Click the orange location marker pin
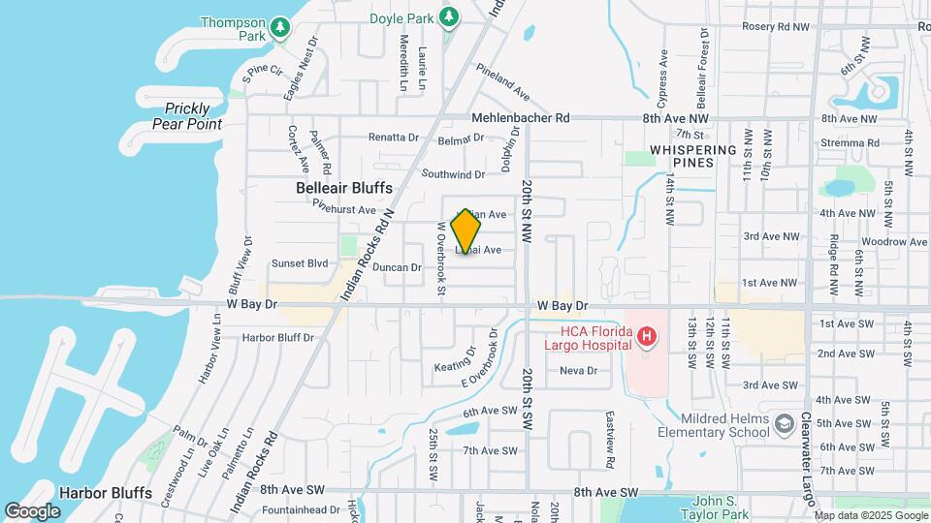[x=466, y=231]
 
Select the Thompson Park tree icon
[x=280, y=26]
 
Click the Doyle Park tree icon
[x=448, y=16]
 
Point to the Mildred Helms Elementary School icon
[x=783, y=423]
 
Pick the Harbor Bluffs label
[x=106, y=493]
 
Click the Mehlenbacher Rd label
[x=520, y=117]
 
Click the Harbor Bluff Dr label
[x=277, y=338]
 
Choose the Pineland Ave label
[x=501, y=82]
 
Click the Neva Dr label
[x=577, y=371]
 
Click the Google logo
[x=33, y=510]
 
